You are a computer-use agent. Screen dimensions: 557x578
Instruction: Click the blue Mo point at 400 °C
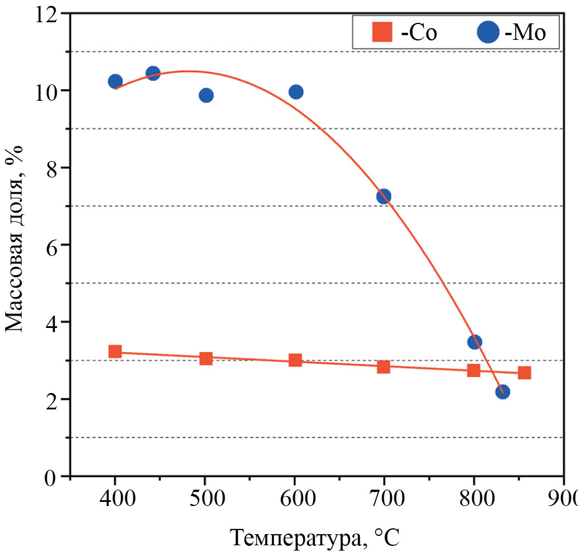click(x=115, y=81)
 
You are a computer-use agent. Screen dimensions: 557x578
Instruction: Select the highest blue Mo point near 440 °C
click(x=153, y=73)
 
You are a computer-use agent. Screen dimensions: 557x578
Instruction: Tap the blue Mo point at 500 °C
click(x=206, y=95)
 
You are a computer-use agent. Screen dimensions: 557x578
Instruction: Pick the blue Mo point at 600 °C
click(x=296, y=92)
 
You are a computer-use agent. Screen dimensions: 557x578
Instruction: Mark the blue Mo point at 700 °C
click(x=384, y=196)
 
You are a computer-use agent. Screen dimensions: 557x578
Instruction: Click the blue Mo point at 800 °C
click(x=474, y=342)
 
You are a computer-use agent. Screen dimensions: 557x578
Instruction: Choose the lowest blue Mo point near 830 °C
click(x=503, y=392)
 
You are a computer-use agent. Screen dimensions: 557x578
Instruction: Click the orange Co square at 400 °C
click(x=115, y=351)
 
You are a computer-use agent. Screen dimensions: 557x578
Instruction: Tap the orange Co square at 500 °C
click(x=206, y=358)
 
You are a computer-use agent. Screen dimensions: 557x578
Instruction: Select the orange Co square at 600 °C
click(x=295, y=360)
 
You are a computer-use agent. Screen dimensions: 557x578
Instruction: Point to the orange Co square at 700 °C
click(x=384, y=367)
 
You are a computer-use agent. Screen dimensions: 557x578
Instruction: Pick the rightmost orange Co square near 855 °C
click(x=525, y=373)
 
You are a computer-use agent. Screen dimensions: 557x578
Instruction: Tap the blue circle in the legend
click(x=487, y=32)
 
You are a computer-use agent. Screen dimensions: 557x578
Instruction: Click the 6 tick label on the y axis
click(x=51, y=245)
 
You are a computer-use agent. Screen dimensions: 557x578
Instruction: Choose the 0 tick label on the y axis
click(x=51, y=477)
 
